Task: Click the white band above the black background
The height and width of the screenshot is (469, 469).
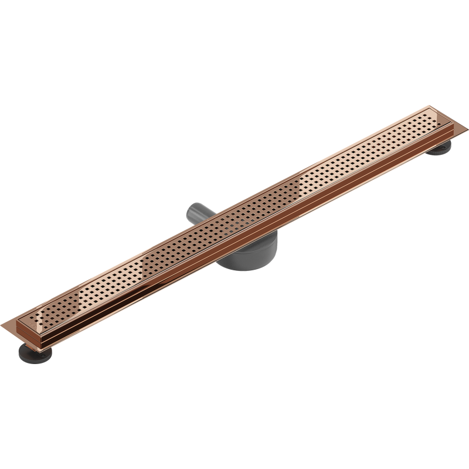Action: coord(235,53)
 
